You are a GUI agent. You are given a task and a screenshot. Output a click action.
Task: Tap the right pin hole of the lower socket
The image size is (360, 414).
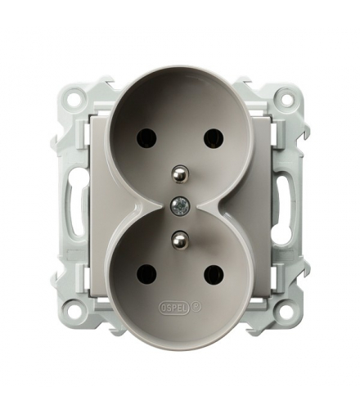point(212,272)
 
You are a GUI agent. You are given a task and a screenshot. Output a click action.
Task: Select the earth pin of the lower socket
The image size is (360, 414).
point(178,238)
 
